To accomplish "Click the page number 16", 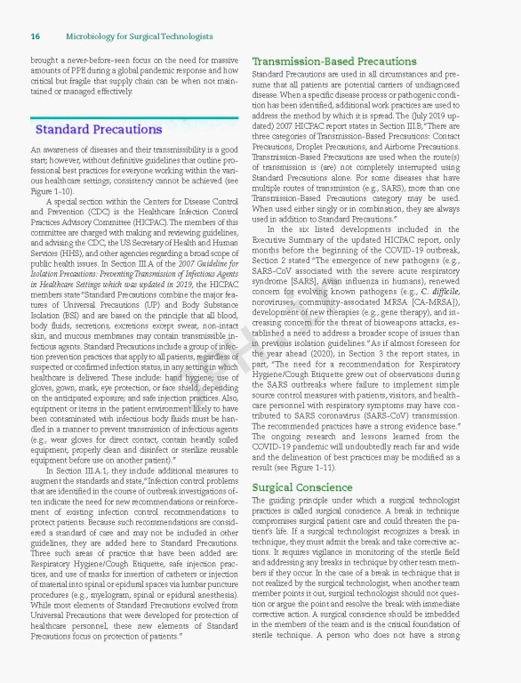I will coord(35,36).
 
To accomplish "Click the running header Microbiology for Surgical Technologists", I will coord(140,36).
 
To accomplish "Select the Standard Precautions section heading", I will coord(98,130).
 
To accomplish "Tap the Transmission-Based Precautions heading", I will coord(322,61).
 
